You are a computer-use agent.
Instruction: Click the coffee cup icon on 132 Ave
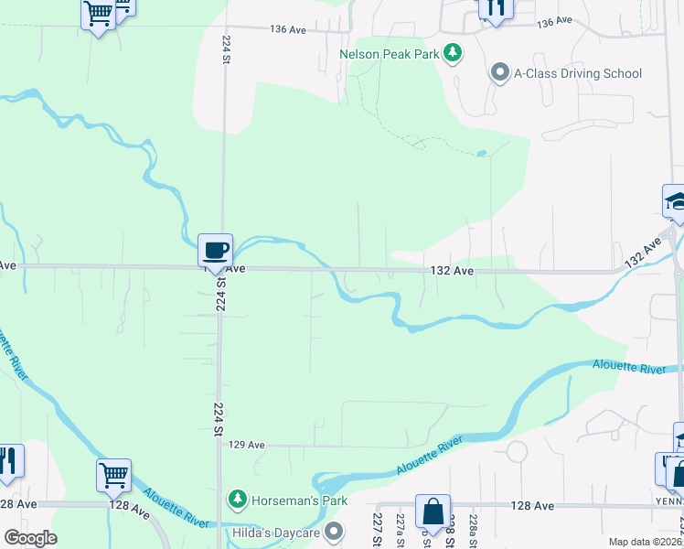[215, 250]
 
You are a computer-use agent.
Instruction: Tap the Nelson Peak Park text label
[390, 54]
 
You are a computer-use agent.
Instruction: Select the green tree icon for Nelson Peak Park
[452, 53]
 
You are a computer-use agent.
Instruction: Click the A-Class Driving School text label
[578, 73]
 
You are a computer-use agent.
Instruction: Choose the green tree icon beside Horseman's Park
[238, 499]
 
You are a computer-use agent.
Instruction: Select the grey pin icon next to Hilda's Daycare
[335, 531]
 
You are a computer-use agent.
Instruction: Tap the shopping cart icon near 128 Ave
[114, 475]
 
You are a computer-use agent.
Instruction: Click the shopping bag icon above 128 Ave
[433, 511]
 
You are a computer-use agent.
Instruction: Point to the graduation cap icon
[675, 201]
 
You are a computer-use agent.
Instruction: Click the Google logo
[30, 538]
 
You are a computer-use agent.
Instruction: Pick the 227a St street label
[401, 529]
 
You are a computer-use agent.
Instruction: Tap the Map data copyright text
[645, 542]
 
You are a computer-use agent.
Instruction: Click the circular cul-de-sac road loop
[517, 452]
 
